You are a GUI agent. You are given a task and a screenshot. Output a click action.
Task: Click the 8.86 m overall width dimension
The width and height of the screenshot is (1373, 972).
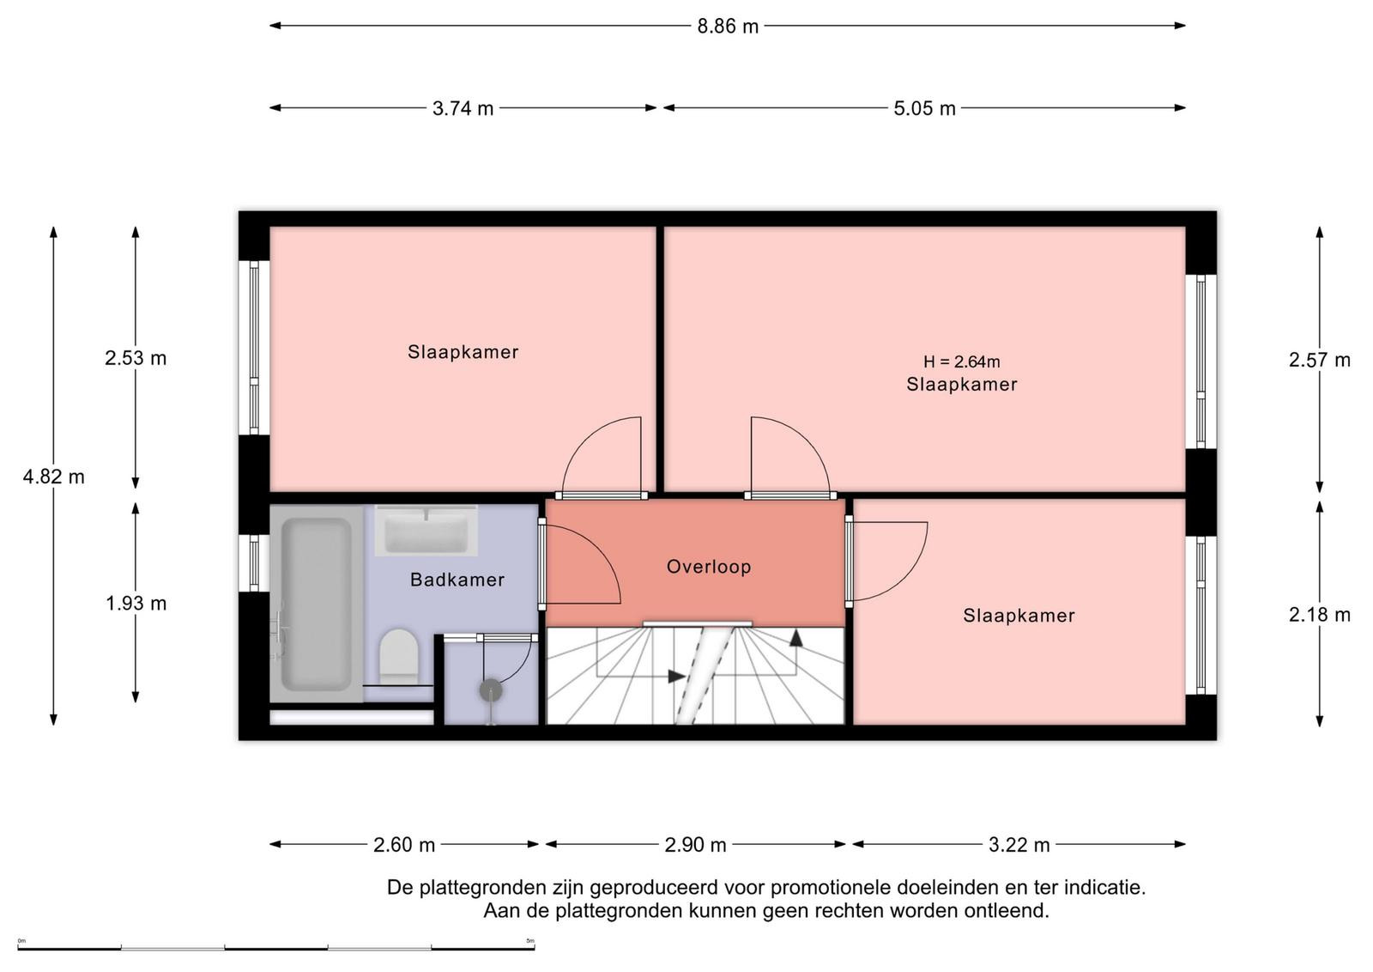(728, 27)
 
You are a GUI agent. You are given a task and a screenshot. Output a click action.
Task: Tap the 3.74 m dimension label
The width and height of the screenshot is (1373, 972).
(463, 108)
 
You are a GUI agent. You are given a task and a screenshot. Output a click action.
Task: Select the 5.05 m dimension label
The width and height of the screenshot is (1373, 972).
(924, 108)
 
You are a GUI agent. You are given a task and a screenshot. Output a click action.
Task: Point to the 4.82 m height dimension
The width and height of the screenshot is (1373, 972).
(54, 477)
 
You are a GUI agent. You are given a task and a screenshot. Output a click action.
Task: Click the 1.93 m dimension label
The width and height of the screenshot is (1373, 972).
(136, 604)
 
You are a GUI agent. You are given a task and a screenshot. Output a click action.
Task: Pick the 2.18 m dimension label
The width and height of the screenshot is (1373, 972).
(1320, 614)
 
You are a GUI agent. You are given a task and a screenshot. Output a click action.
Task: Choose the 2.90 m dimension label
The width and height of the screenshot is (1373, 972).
(696, 844)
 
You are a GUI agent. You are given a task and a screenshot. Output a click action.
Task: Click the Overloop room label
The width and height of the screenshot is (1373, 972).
(709, 566)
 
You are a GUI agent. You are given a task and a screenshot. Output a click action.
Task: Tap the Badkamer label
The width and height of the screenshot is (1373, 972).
(457, 580)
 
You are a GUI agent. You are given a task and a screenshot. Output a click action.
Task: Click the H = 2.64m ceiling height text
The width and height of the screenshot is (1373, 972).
(962, 361)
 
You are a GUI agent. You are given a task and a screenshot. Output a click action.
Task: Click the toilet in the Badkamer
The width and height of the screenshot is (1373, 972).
(398, 656)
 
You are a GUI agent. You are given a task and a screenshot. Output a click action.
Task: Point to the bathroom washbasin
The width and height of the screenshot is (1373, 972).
(426, 531)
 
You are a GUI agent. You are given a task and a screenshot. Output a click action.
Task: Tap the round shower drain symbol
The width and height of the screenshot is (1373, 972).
(490, 690)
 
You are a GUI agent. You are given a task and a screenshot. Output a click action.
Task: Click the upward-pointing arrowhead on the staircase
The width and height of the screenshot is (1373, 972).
(795, 637)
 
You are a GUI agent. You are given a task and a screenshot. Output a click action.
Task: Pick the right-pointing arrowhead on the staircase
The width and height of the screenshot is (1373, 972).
(677, 677)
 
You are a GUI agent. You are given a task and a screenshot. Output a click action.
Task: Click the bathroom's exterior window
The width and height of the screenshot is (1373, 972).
(254, 563)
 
